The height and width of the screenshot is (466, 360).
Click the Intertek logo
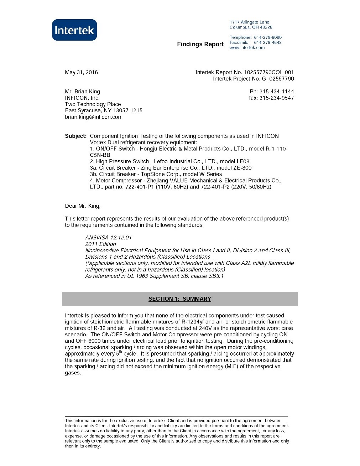click(x=74, y=30)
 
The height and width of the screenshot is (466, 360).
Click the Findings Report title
click(x=200, y=44)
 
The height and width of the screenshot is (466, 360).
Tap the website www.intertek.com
click(x=247, y=48)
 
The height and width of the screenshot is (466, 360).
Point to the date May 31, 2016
click(x=81, y=72)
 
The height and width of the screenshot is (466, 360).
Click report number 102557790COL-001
click(x=269, y=72)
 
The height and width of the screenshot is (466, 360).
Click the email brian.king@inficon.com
click(x=94, y=117)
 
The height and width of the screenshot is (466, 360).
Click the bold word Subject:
click(x=75, y=136)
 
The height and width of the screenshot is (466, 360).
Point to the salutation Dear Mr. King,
click(x=83, y=206)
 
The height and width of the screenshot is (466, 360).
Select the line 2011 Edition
click(x=100, y=244)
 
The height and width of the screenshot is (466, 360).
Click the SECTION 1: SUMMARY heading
click(x=179, y=299)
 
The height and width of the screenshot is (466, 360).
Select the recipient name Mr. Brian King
click(x=82, y=92)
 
